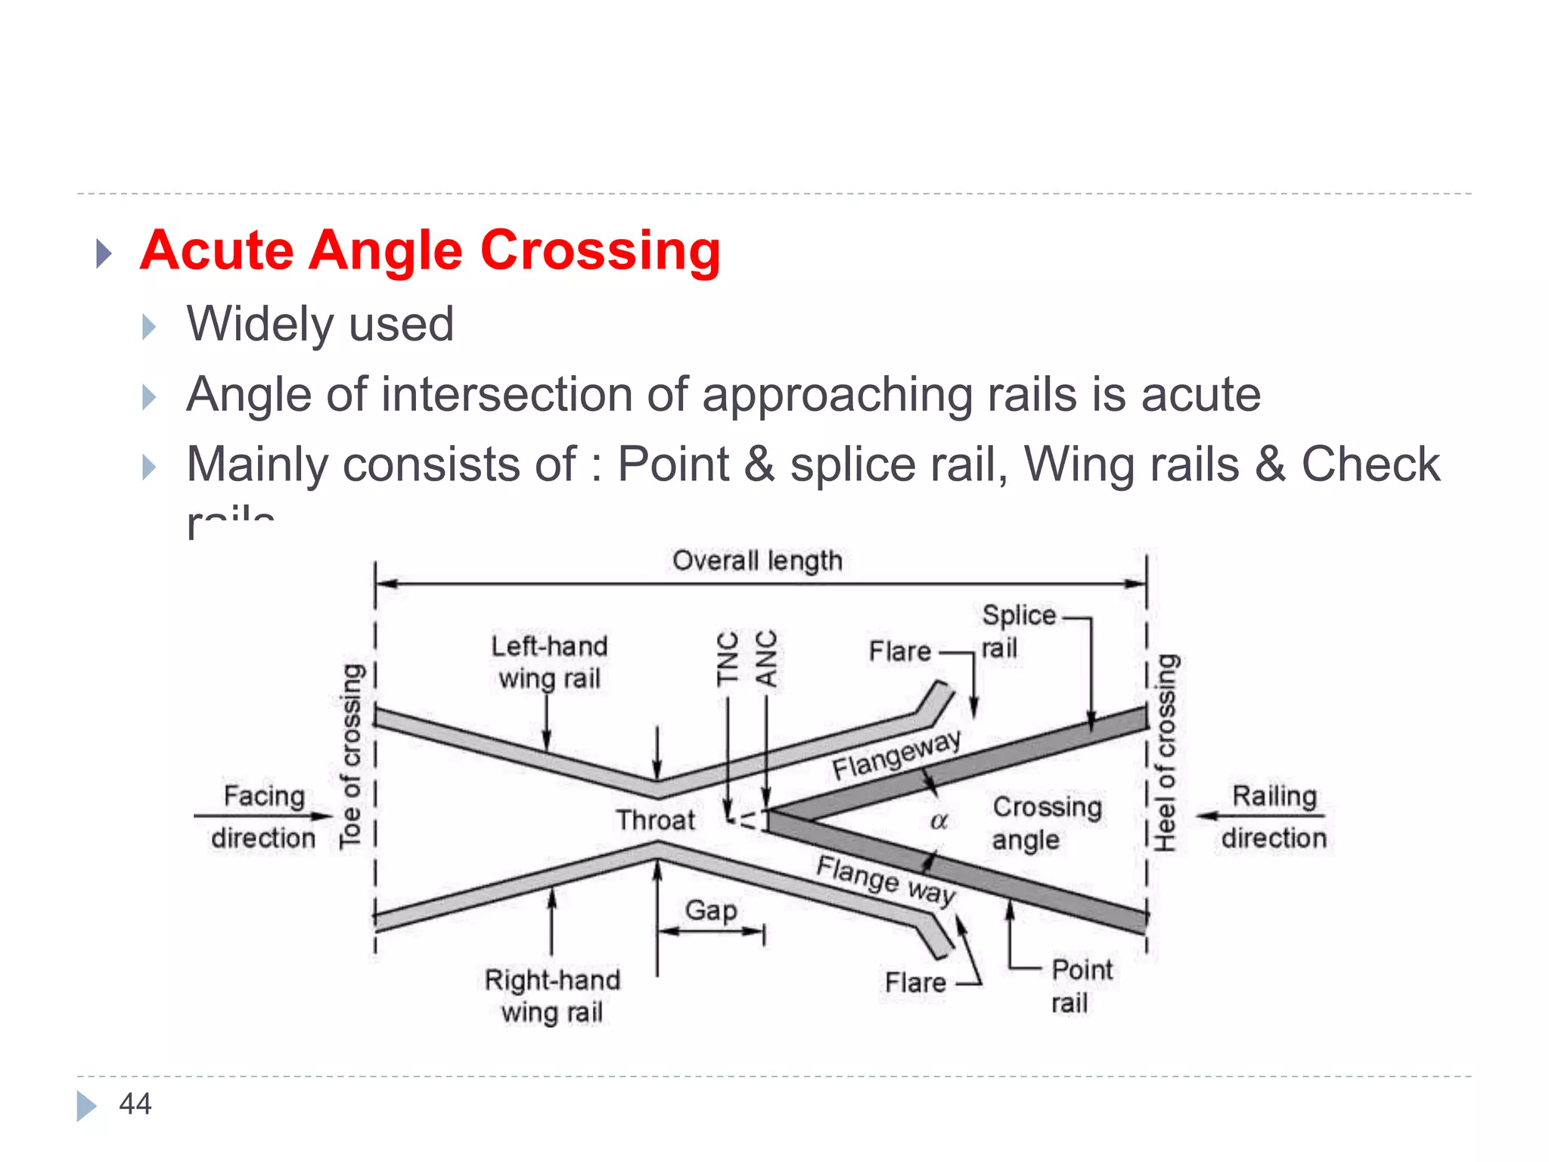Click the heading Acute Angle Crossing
[430, 250]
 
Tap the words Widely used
[320, 324]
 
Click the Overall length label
[757, 561]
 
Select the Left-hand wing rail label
[549, 662]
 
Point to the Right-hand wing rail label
[552, 996]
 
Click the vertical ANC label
[766, 658]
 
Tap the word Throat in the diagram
[655, 820]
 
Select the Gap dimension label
[710, 909]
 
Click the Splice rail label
[1017, 631]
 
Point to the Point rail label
[1081, 986]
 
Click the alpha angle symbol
[939, 821]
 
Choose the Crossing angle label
[1046, 823]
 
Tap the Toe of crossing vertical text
[351, 757]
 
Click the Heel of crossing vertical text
[1166, 753]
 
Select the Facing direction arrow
[263, 816]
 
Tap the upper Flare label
[899, 651]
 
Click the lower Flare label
[915, 983]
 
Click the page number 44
[135, 1104]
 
